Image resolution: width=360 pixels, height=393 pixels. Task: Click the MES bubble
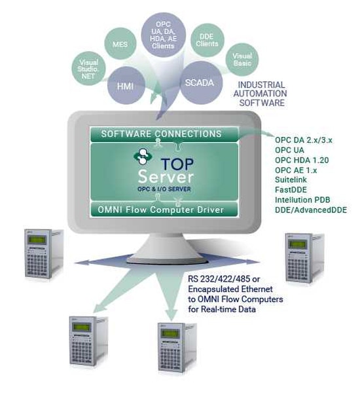point(120,44)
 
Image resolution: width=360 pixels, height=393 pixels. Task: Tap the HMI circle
point(126,85)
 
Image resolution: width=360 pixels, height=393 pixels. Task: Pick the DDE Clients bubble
point(207,40)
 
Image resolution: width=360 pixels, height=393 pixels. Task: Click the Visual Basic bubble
point(242,60)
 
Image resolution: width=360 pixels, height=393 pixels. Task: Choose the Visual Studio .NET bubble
point(88,69)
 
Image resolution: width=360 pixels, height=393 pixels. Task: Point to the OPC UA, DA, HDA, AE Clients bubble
point(164,35)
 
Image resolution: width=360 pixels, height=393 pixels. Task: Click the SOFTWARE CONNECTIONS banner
point(164,134)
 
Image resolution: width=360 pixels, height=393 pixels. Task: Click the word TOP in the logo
point(177,164)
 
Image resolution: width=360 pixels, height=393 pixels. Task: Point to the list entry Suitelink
point(291,179)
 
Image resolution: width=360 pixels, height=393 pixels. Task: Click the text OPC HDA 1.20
point(302,160)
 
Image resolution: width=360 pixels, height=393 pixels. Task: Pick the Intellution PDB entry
point(302,200)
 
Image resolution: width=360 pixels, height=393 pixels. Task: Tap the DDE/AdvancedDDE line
point(311,210)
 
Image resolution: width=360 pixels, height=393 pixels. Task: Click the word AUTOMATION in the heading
point(260,94)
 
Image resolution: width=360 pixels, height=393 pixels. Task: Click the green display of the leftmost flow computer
point(37,240)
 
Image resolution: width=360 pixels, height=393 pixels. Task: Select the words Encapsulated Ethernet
point(230,290)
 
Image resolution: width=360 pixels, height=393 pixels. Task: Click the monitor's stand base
point(168,259)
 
